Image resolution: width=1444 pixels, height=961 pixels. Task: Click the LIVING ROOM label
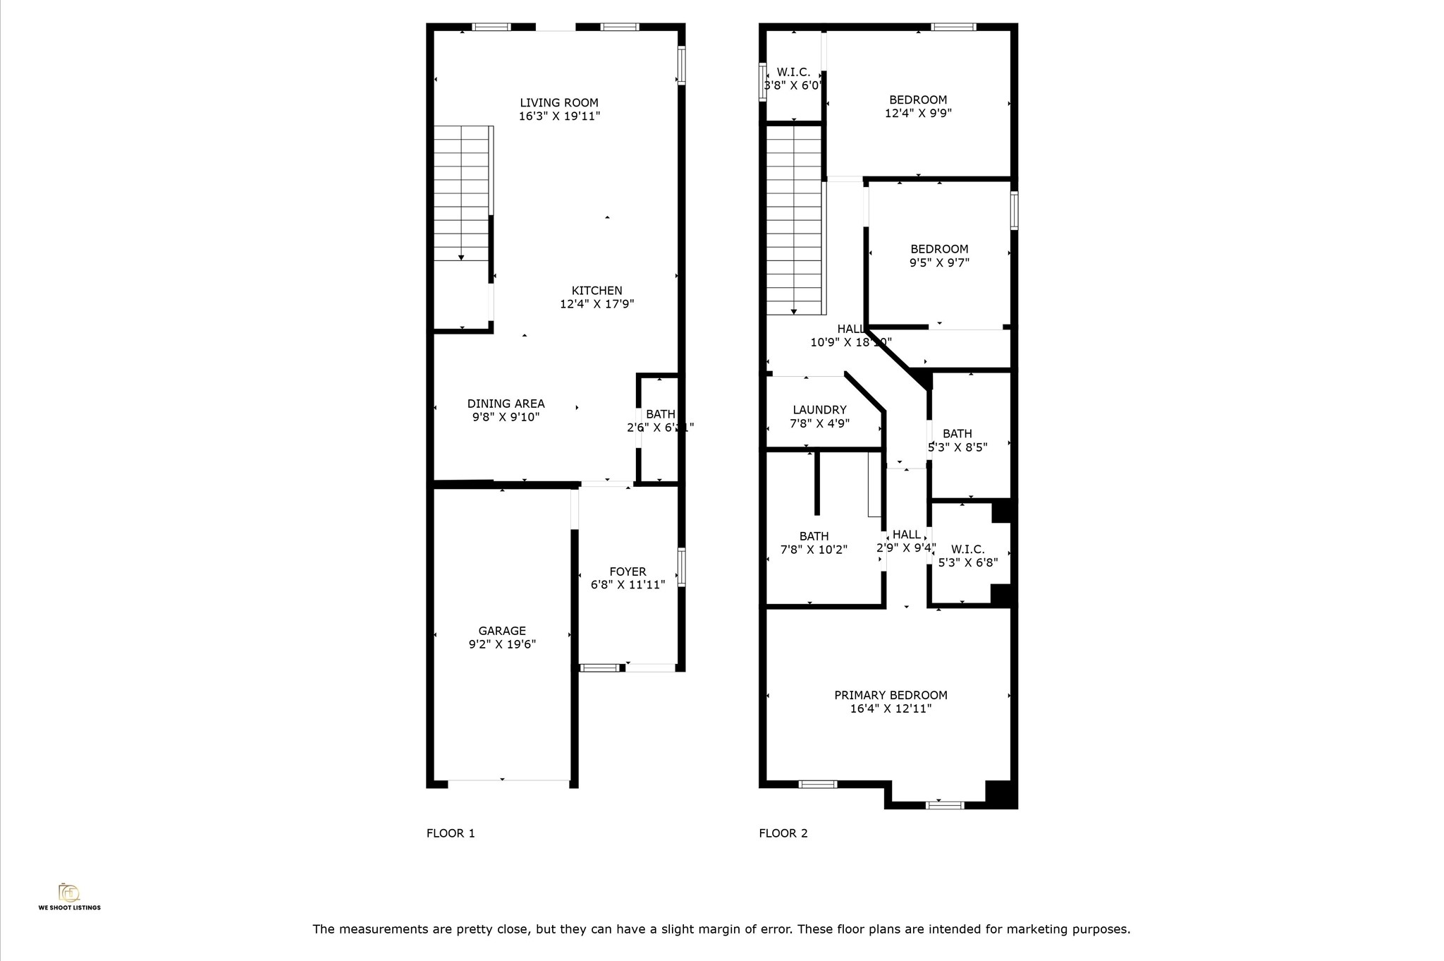559,103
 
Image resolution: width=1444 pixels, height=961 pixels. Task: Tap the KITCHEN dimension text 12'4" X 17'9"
596,304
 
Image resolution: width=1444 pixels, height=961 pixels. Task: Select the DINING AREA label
506,404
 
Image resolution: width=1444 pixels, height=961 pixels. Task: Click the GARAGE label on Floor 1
502,631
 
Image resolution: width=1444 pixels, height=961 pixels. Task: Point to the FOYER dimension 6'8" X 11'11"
628,585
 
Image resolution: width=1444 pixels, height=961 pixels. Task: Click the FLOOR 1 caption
451,833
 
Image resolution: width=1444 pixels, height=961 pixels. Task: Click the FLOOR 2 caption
783,833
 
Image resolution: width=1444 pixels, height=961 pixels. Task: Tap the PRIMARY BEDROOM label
891,695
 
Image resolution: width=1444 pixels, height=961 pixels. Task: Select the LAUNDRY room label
819,410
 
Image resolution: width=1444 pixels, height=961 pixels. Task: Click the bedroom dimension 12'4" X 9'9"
918,113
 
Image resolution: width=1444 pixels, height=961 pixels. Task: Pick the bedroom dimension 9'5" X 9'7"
939,262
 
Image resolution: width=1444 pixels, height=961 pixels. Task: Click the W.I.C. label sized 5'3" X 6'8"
967,549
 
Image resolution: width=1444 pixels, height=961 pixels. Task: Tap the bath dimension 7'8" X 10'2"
814,550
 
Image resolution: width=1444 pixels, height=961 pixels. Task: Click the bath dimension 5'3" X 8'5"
957,447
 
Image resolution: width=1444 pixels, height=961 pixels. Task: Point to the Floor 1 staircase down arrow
461,258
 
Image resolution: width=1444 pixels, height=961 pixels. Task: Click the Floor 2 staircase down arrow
794,311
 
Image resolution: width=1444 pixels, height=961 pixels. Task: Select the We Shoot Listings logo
69,895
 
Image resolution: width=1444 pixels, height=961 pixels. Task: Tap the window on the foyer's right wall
681,567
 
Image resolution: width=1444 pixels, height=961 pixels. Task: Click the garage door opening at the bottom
508,780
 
